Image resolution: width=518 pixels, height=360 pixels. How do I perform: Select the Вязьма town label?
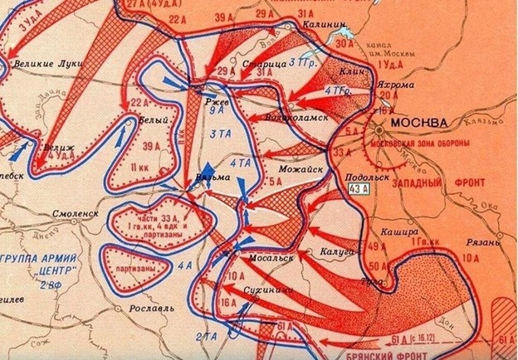pos(206,177)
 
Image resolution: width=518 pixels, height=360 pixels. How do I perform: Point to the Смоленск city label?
pos(76,213)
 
